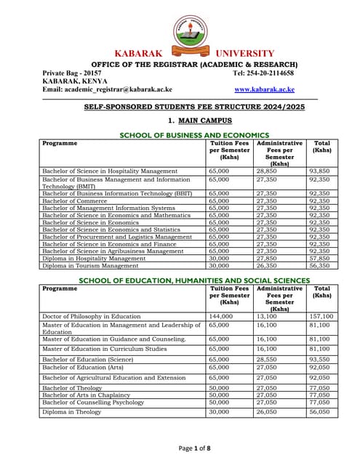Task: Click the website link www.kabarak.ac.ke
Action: coord(264,89)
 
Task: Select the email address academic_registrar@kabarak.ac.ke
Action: coord(108,89)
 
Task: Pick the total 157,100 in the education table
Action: coord(321,317)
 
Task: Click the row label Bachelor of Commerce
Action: coord(73,201)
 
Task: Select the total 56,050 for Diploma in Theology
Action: coord(321,412)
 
